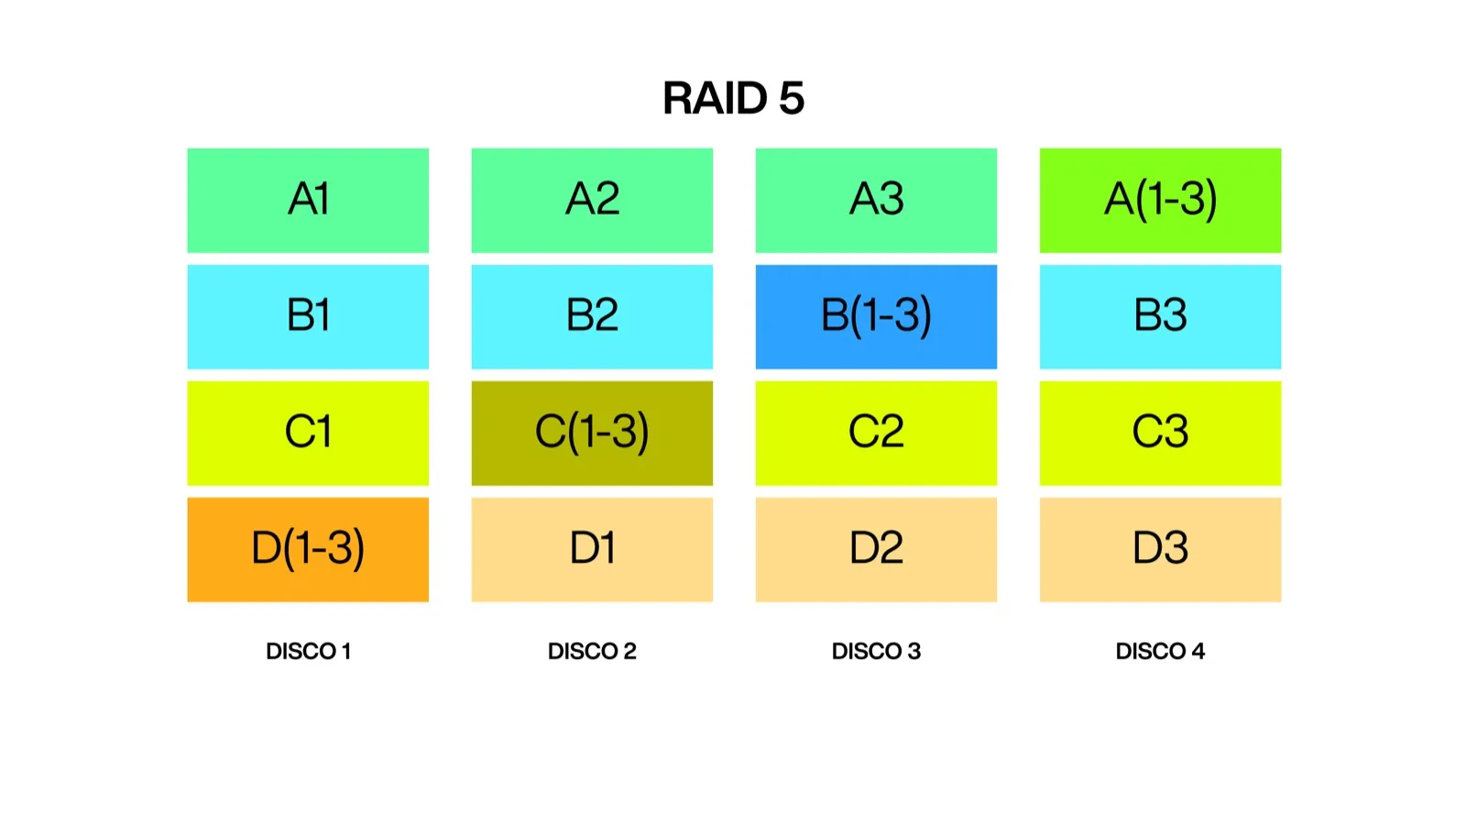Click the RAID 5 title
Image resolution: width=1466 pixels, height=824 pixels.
click(x=733, y=98)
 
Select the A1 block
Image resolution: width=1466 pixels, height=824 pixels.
click(x=308, y=200)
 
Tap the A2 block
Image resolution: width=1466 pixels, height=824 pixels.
click(x=592, y=200)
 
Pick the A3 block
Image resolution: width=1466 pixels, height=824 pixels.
click(x=876, y=200)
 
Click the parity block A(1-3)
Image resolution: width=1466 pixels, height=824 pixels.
click(x=1160, y=200)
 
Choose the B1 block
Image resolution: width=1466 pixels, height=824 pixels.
click(x=308, y=316)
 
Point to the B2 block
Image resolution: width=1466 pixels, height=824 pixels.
click(x=592, y=316)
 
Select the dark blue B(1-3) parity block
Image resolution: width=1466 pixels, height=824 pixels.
click(x=876, y=316)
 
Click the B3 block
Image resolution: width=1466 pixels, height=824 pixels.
click(x=1160, y=316)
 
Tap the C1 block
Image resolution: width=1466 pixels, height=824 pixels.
click(x=308, y=433)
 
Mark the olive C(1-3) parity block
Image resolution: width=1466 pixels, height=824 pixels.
click(x=592, y=433)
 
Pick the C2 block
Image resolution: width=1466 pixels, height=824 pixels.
click(x=876, y=433)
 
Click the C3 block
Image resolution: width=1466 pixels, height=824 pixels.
click(x=1160, y=433)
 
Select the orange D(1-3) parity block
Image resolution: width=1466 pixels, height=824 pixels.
click(x=308, y=549)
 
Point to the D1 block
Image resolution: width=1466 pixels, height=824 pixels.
click(x=592, y=549)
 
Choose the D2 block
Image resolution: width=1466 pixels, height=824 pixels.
click(x=876, y=549)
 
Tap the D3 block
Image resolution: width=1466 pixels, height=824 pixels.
click(x=1160, y=549)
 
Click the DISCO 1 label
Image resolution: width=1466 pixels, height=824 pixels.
click(x=308, y=651)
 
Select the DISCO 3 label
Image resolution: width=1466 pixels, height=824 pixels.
click(x=876, y=651)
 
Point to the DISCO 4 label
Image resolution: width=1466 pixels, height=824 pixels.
click(x=1160, y=651)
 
